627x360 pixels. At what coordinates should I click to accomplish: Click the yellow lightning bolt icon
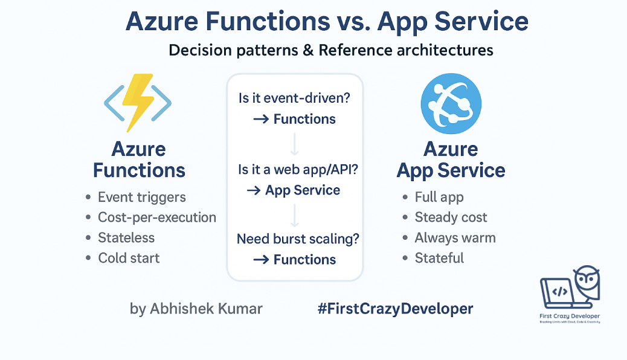[x=138, y=102]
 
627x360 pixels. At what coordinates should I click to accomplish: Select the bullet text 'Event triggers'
[x=141, y=197]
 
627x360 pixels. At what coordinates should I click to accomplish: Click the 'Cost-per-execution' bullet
[x=156, y=217]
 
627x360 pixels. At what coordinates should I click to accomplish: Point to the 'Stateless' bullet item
[x=126, y=238]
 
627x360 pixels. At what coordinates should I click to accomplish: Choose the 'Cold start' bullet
[x=129, y=258]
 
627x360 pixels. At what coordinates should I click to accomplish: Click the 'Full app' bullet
[x=439, y=197]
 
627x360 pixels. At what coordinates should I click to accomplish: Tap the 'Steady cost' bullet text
[x=451, y=217]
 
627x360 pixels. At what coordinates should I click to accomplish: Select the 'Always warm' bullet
[x=455, y=238]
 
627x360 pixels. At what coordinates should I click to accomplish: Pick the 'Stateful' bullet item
[x=439, y=258]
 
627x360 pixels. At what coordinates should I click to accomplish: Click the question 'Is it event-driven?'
[x=294, y=98]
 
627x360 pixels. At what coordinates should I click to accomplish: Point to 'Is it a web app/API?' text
[x=298, y=170]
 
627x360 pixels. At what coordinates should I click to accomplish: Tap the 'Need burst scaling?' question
[x=298, y=239]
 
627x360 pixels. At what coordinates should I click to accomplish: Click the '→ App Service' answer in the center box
[x=294, y=190]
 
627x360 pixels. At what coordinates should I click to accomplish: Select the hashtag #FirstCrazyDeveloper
[x=395, y=309]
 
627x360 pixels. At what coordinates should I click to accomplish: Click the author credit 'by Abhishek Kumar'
[x=196, y=309]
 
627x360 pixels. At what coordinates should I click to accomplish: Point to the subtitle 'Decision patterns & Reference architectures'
[x=331, y=50]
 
